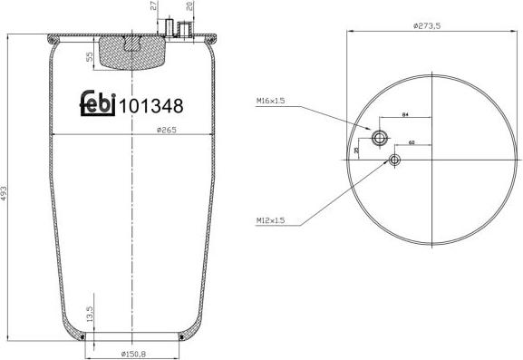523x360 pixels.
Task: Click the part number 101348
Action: (151, 104)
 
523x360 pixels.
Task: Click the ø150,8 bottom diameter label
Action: (133, 353)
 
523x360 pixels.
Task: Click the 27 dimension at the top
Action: (154, 7)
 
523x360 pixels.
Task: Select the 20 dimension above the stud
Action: (189, 7)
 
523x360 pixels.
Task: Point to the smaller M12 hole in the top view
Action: (393, 161)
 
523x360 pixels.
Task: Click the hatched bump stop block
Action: (131, 52)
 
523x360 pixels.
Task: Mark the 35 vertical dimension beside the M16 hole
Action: (356, 150)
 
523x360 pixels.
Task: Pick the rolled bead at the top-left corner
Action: (51, 38)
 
